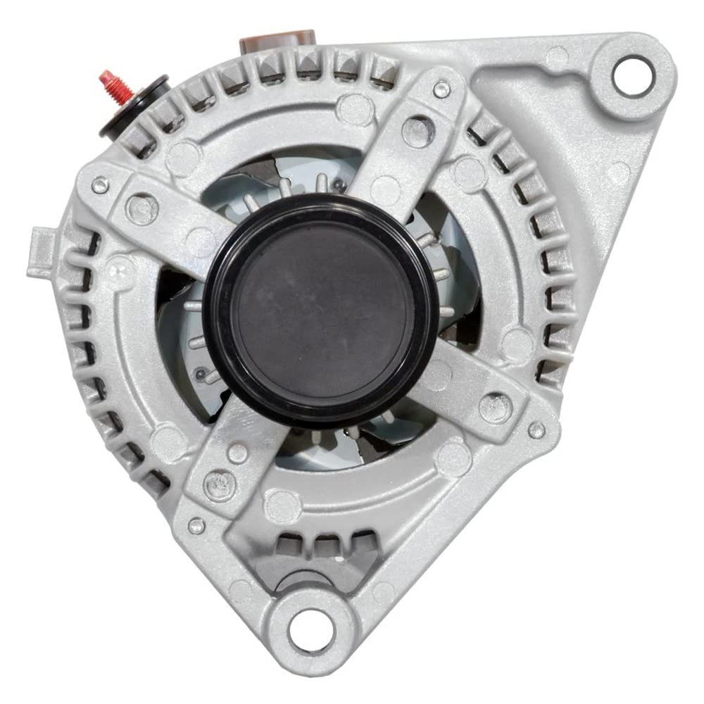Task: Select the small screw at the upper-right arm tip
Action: pyautogui.click(x=442, y=88)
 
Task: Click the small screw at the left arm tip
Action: pyautogui.click(x=99, y=184)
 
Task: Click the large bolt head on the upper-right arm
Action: pyautogui.click(x=416, y=131)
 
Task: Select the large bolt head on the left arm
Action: pyautogui.click(x=142, y=209)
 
